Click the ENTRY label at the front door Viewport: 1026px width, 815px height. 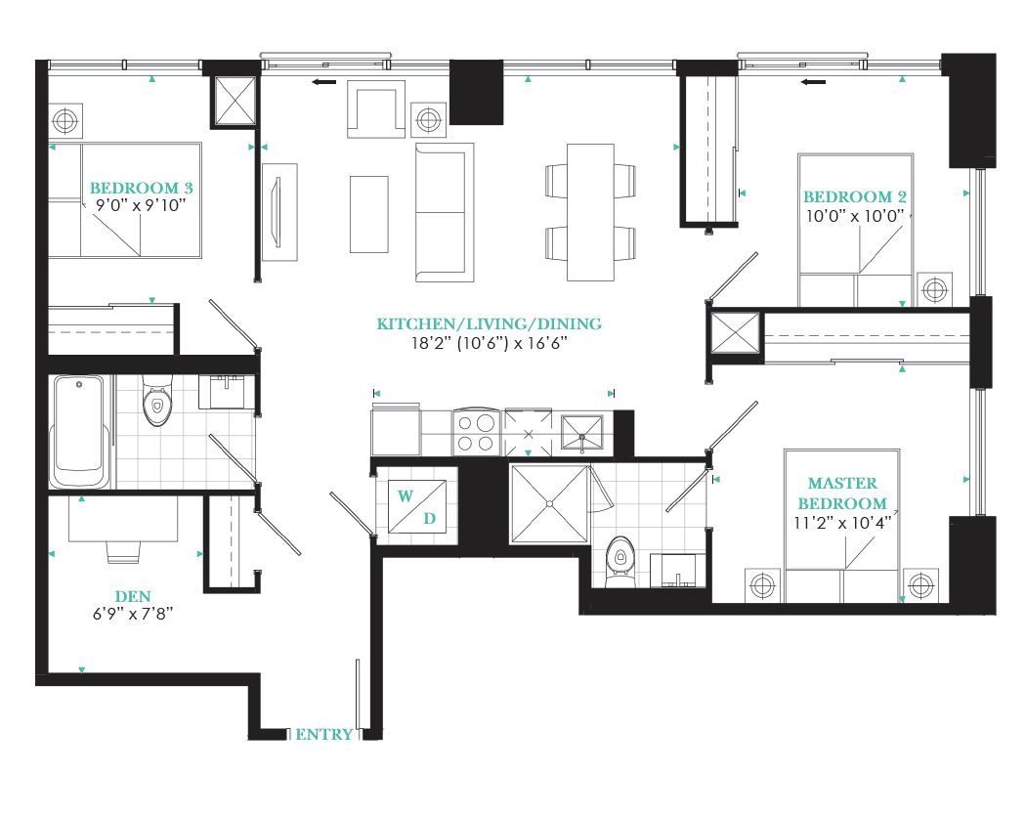click(323, 735)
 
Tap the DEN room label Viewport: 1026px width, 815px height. click(133, 596)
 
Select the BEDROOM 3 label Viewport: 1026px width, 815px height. click(142, 188)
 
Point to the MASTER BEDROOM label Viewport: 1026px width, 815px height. click(842, 493)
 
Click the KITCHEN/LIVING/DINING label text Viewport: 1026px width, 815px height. click(489, 323)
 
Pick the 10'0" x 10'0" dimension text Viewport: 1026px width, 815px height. click(855, 216)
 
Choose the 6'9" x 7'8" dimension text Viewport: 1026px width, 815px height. click(133, 614)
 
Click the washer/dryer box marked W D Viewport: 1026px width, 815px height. click(417, 506)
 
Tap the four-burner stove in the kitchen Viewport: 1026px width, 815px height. click(476, 433)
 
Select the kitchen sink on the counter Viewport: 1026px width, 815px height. click(581, 433)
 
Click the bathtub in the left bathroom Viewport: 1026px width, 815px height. click(80, 431)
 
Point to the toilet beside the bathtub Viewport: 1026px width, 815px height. click(156, 401)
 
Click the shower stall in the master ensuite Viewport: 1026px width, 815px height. click(549, 503)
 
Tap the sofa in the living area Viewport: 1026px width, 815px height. click(445, 213)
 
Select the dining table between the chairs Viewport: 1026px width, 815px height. click(590, 212)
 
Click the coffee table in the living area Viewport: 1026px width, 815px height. click(369, 214)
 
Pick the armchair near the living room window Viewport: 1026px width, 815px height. click(376, 109)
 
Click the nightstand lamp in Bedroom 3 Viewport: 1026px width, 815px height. click(64, 120)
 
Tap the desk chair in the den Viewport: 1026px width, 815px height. click(124, 552)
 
